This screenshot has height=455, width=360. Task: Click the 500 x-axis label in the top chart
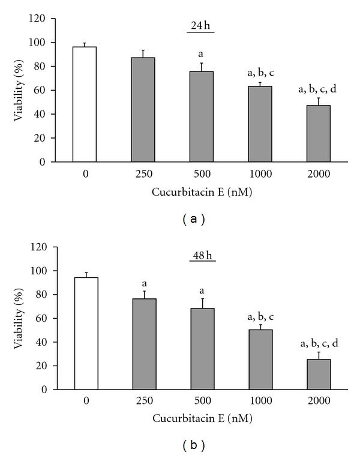pos(202,175)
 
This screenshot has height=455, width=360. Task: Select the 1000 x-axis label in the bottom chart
pos(260,402)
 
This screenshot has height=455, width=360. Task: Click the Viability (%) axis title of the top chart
pos(20,90)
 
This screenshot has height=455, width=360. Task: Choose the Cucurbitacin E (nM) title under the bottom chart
pos(202,418)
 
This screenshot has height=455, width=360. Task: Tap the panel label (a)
pos(194,219)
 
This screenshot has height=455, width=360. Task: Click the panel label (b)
pos(194,445)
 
